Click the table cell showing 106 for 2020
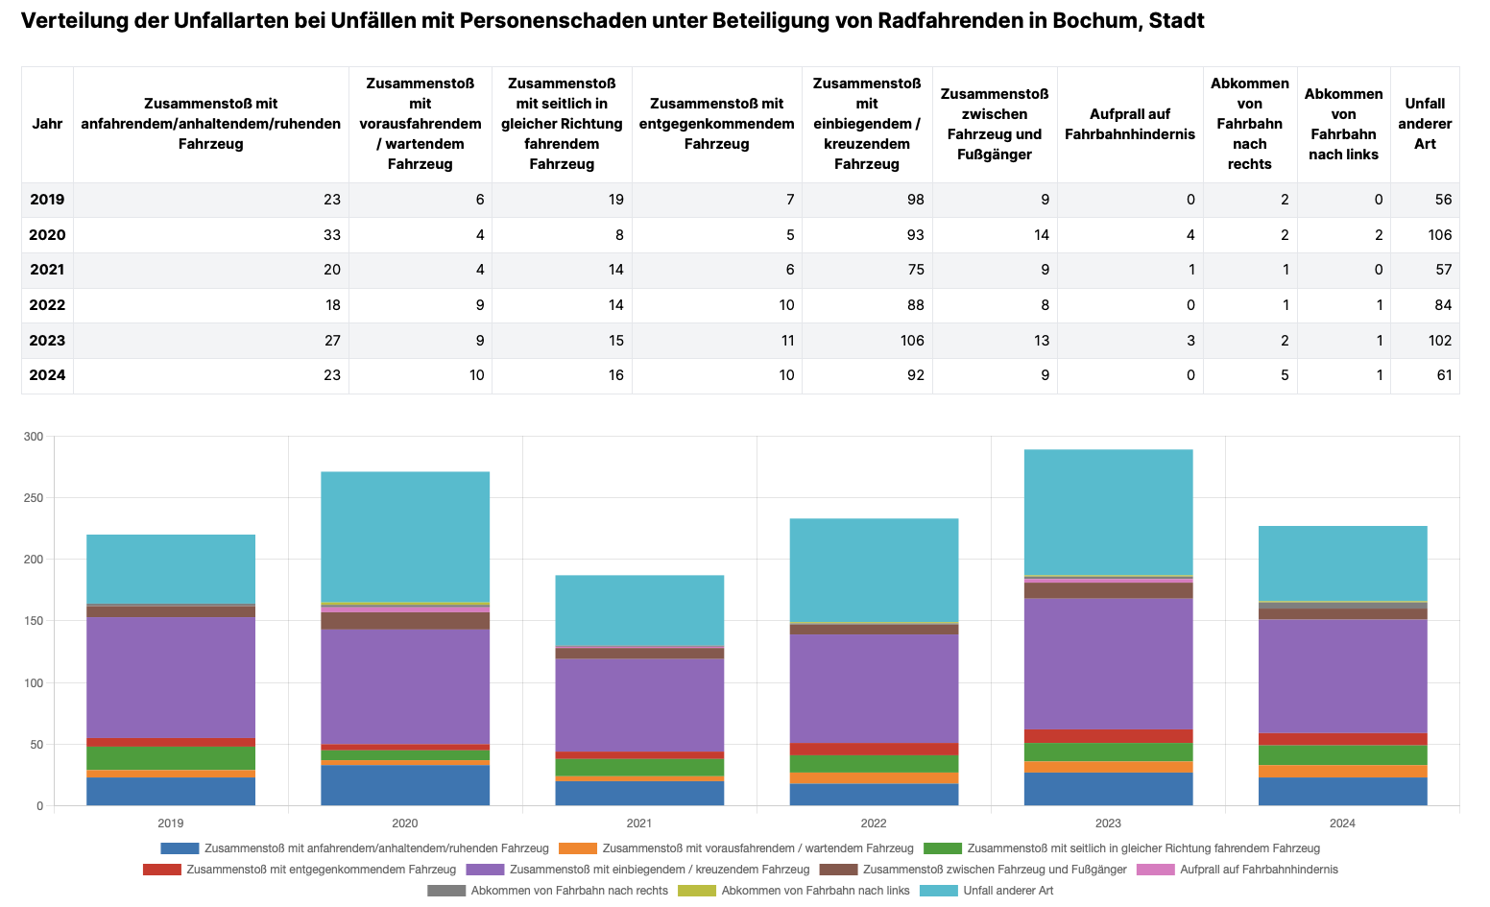point(1437,235)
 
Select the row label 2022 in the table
point(47,305)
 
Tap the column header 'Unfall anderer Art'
point(1425,124)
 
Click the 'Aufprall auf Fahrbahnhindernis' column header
point(1129,124)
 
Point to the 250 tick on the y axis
point(34,498)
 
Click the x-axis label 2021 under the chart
point(639,823)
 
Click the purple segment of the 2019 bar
point(171,677)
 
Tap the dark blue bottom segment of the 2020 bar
point(405,785)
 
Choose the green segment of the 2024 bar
point(1342,754)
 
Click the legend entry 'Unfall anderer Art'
point(1008,891)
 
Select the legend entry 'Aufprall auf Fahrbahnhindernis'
point(1259,870)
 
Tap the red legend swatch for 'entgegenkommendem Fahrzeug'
point(161,870)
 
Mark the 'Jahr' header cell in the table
point(47,124)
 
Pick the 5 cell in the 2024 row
point(1285,375)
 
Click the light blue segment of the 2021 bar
point(639,609)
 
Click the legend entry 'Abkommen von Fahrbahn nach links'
point(815,891)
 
